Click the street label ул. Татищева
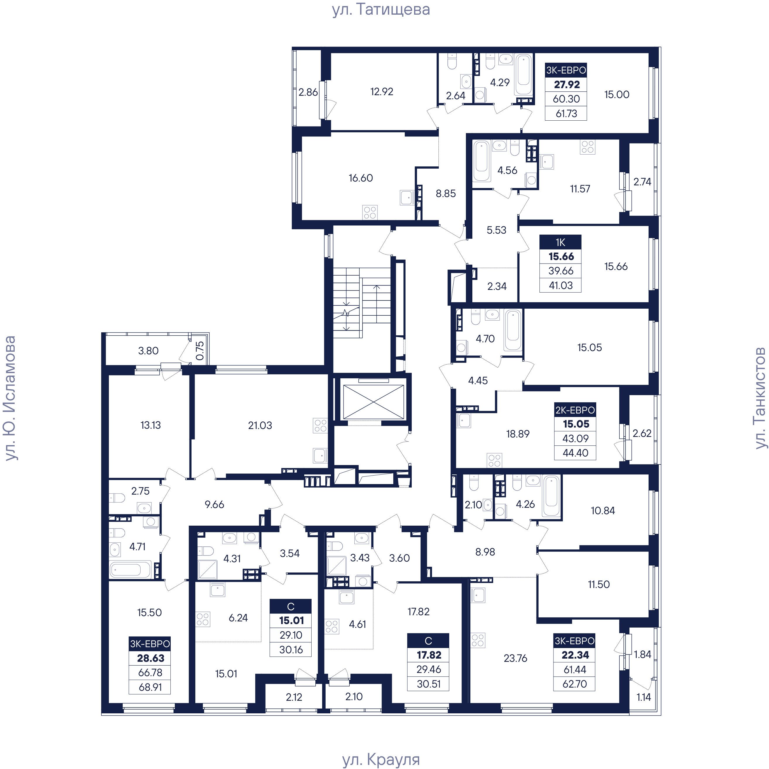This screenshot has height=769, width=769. (x=381, y=10)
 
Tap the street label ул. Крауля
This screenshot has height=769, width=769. (x=381, y=759)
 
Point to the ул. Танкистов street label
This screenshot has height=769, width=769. (x=760, y=398)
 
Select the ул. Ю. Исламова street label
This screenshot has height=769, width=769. (x=10, y=398)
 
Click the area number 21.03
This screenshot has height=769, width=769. (x=260, y=425)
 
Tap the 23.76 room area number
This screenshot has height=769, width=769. (x=515, y=658)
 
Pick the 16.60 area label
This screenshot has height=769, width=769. (x=360, y=178)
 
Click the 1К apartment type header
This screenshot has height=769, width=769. (x=560, y=242)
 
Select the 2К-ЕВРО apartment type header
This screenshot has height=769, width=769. (x=575, y=410)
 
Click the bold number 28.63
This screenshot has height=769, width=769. (x=151, y=658)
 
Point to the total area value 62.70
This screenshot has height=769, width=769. (x=575, y=684)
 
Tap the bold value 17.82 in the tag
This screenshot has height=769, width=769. (x=429, y=655)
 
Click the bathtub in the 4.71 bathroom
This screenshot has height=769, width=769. (x=130, y=569)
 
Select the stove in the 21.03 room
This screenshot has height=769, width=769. (x=320, y=425)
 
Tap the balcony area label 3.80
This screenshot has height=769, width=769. (x=148, y=351)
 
